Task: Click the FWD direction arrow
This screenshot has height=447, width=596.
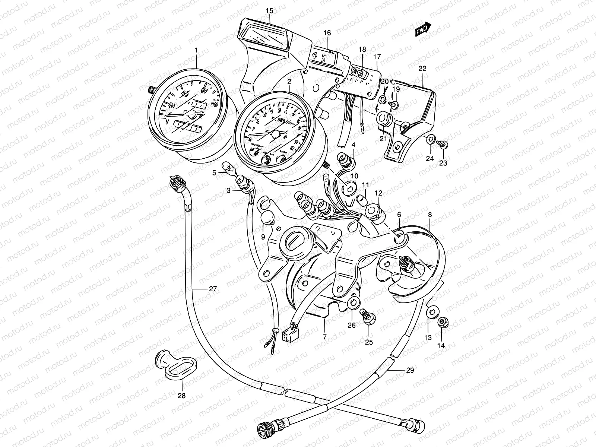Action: [x=423, y=29]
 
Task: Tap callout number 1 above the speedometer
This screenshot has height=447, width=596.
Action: [x=196, y=50]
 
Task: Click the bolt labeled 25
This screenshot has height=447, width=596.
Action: [x=368, y=317]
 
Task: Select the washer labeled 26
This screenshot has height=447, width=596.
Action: [x=353, y=303]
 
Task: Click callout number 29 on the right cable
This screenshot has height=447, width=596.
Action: [x=410, y=370]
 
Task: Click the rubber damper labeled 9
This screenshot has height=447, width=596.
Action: [x=268, y=217]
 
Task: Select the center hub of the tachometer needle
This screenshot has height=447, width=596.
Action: [x=276, y=134]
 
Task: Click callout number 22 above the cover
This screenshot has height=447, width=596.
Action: [x=422, y=69]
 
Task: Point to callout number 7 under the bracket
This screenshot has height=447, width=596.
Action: [x=324, y=337]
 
